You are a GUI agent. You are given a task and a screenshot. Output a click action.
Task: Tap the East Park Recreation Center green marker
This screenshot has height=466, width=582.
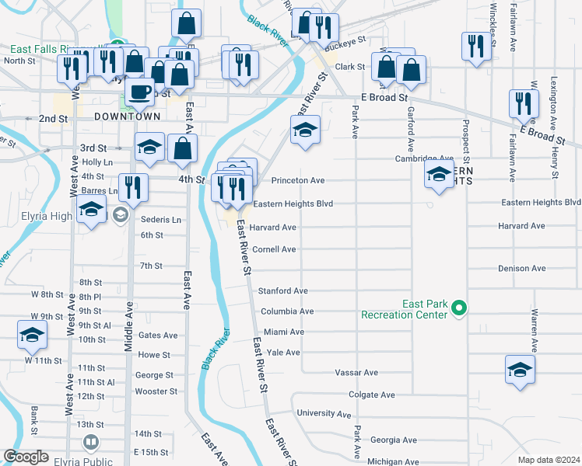459,309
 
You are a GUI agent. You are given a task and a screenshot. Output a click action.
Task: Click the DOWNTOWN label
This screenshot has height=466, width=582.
127,116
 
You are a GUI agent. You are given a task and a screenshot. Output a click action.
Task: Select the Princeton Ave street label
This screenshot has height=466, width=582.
297,181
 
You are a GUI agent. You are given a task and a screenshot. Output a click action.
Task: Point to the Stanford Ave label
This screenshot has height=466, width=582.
283,291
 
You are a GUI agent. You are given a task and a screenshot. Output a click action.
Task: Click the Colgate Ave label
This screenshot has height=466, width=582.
372,395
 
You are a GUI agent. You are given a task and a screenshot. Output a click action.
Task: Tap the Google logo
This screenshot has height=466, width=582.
26,457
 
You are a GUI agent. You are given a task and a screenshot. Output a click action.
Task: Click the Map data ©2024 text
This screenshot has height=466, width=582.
549,460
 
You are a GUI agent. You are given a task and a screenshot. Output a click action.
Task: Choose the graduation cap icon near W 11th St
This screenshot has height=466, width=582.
32,334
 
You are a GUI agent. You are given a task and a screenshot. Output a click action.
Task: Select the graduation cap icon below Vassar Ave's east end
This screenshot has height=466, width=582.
520,370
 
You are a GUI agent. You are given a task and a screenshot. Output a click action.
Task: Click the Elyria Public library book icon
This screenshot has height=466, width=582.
91,443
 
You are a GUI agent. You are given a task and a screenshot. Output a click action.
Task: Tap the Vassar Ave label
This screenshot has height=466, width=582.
356,373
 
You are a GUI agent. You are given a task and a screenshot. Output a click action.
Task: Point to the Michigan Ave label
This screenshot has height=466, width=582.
394,462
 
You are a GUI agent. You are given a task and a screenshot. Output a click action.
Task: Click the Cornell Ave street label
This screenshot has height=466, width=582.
274,250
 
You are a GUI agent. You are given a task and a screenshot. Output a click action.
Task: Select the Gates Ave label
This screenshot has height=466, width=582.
158,336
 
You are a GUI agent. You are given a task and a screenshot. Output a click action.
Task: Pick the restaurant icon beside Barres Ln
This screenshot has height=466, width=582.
132,187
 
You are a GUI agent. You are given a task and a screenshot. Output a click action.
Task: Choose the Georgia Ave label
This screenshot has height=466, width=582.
393,440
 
